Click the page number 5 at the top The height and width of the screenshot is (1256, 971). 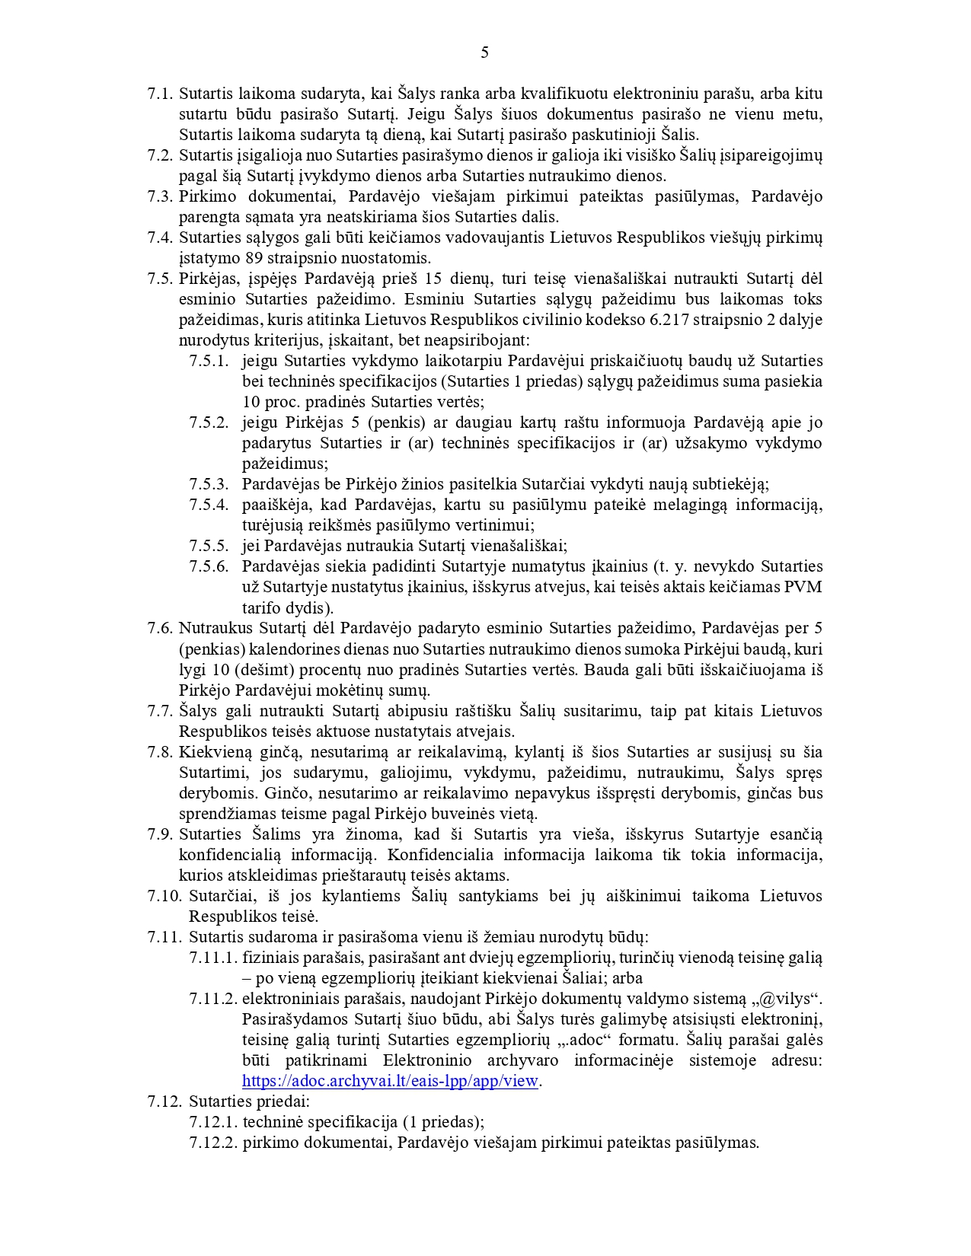(485, 53)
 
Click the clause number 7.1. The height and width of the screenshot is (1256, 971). (160, 94)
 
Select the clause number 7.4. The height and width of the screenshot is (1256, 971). (160, 237)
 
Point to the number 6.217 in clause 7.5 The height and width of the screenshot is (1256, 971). (670, 320)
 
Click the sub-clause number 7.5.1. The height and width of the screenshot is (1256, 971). (209, 361)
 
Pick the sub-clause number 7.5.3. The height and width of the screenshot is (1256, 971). (209, 484)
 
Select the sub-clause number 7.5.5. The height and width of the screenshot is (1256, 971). (209, 546)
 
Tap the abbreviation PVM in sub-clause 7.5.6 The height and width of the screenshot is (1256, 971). (806, 587)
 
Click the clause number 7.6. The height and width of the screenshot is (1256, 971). (160, 628)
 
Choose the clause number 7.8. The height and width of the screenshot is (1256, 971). (160, 752)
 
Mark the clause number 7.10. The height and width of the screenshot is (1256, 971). (164, 896)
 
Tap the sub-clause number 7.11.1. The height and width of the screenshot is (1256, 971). (213, 958)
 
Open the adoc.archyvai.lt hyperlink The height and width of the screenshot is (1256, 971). (390, 1081)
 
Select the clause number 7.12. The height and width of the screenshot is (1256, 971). (164, 1101)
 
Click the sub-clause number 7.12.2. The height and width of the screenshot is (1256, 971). (213, 1143)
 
